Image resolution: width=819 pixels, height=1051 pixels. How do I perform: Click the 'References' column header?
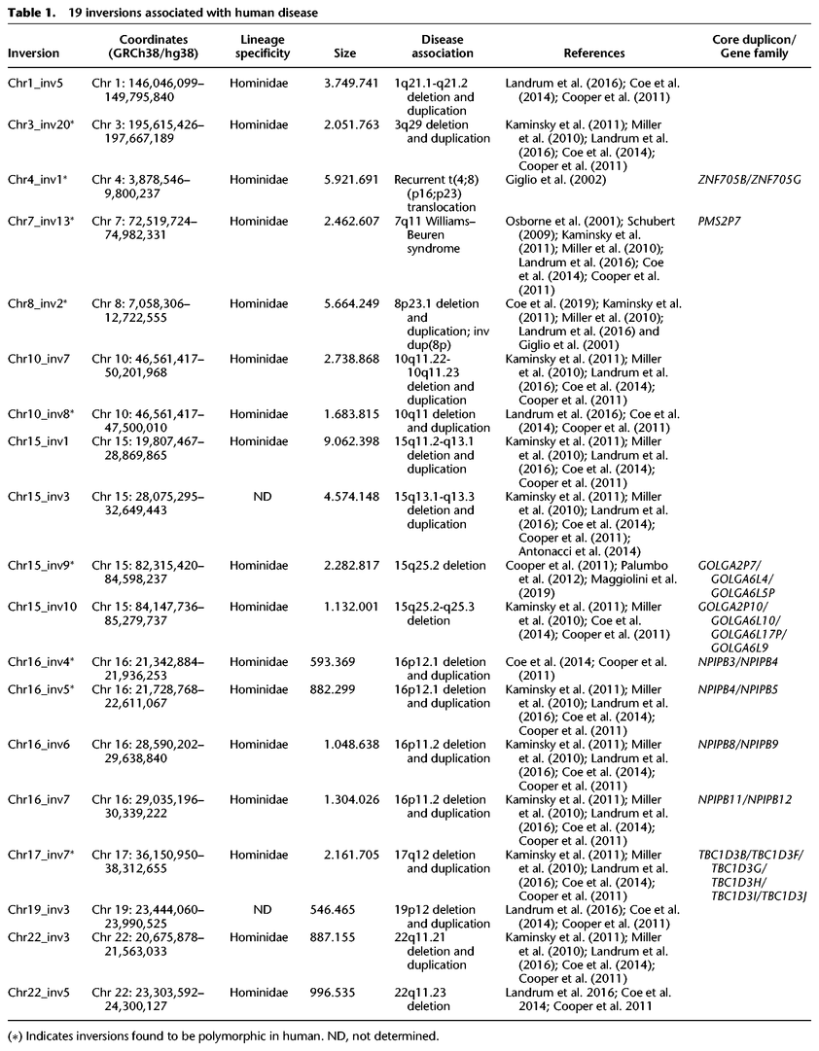(x=593, y=53)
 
